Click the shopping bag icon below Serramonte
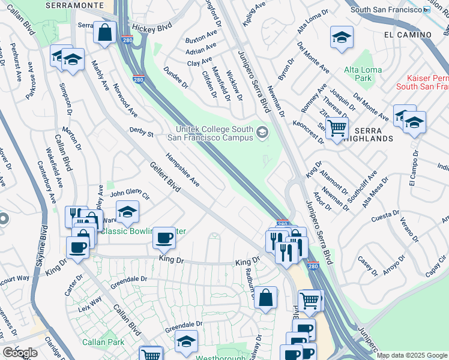[105, 34]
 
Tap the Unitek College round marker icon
[262, 133]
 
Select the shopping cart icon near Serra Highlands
[337, 127]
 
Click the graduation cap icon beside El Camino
[342, 38]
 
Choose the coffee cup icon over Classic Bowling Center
[164, 238]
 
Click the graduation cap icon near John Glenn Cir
[127, 212]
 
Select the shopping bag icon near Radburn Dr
[265, 297]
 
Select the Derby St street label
[142, 131]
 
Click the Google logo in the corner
[20, 352]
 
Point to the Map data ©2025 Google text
[411, 355]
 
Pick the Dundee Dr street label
[175, 77]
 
